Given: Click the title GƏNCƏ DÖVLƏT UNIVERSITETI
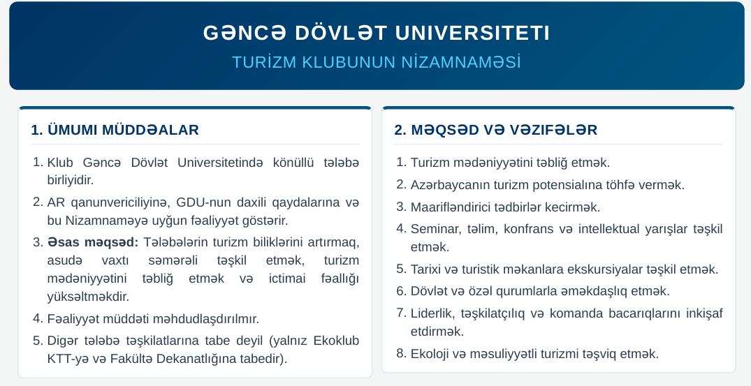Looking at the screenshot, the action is (x=377, y=33).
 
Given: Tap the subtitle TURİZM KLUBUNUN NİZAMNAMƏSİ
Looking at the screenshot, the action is (x=377, y=62).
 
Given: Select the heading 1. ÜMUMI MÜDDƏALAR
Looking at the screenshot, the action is (x=115, y=130).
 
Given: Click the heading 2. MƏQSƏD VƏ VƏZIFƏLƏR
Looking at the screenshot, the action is (x=496, y=130).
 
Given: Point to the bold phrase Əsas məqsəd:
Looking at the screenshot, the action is (x=93, y=242).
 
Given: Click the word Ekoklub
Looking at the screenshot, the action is (x=336, y=341).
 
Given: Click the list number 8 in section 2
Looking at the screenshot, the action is (x=402, y=354).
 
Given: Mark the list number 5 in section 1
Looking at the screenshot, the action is (x=38, y=341).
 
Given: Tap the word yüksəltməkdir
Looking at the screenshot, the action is (x=88, y=297).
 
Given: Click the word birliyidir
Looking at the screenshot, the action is (x=70, y=180).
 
